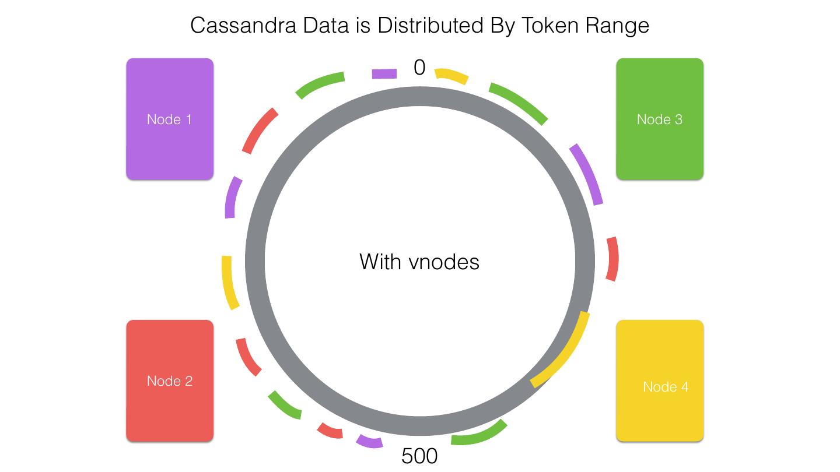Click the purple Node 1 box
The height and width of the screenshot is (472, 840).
point(170,119)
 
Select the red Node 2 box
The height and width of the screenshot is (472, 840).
point(170,381)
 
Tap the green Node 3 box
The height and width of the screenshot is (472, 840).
point(660,119)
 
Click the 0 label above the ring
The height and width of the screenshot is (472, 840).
point(419,68)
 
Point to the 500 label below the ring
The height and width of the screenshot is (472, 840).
point(419,456)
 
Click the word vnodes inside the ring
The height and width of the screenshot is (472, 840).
point(444,262)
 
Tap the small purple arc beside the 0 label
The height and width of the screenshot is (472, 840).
point(384,73)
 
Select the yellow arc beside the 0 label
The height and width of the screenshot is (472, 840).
point(452,76)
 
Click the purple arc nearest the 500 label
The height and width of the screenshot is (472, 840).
point(369,442)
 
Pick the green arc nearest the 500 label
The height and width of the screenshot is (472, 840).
point(480,435)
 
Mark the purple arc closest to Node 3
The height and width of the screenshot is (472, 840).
point(587,174)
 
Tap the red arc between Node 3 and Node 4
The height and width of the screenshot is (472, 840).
point(612,259)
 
